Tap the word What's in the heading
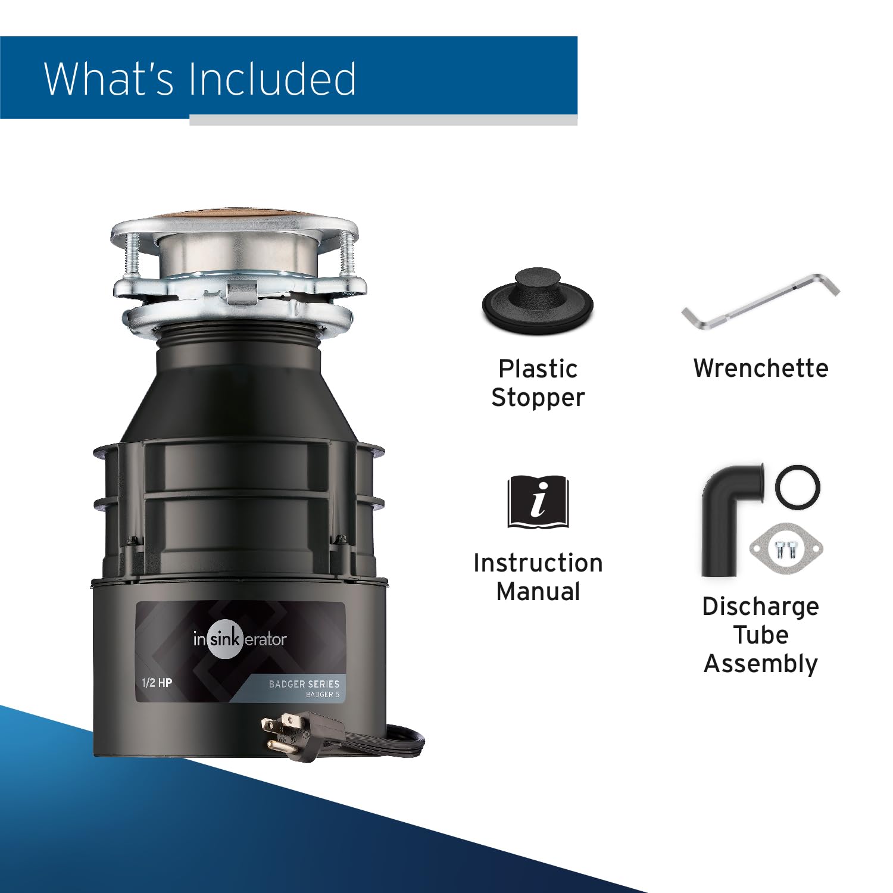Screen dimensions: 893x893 (x=108, y=79)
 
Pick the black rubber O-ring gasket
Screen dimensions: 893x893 (x=797, y=487)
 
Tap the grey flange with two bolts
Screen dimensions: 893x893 (x=786, y=548)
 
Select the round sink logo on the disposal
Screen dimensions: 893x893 (x=225, y=639)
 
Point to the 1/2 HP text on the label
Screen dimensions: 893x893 (x=157, y=683)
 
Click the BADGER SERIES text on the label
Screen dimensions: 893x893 (x=304, y=684)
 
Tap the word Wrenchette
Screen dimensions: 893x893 (x=761, y=369)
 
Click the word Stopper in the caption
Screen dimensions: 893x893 (x=538, y=398)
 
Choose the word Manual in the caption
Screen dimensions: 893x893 (x=538, y=592)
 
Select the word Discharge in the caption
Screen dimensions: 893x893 (x=761, y=607)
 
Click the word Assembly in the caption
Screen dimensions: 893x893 (x=761, y=664)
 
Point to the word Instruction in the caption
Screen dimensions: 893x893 (x=538, y=563)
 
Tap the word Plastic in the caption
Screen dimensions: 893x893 (x=538, y=369)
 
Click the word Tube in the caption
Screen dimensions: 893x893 (x=761, y=635)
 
